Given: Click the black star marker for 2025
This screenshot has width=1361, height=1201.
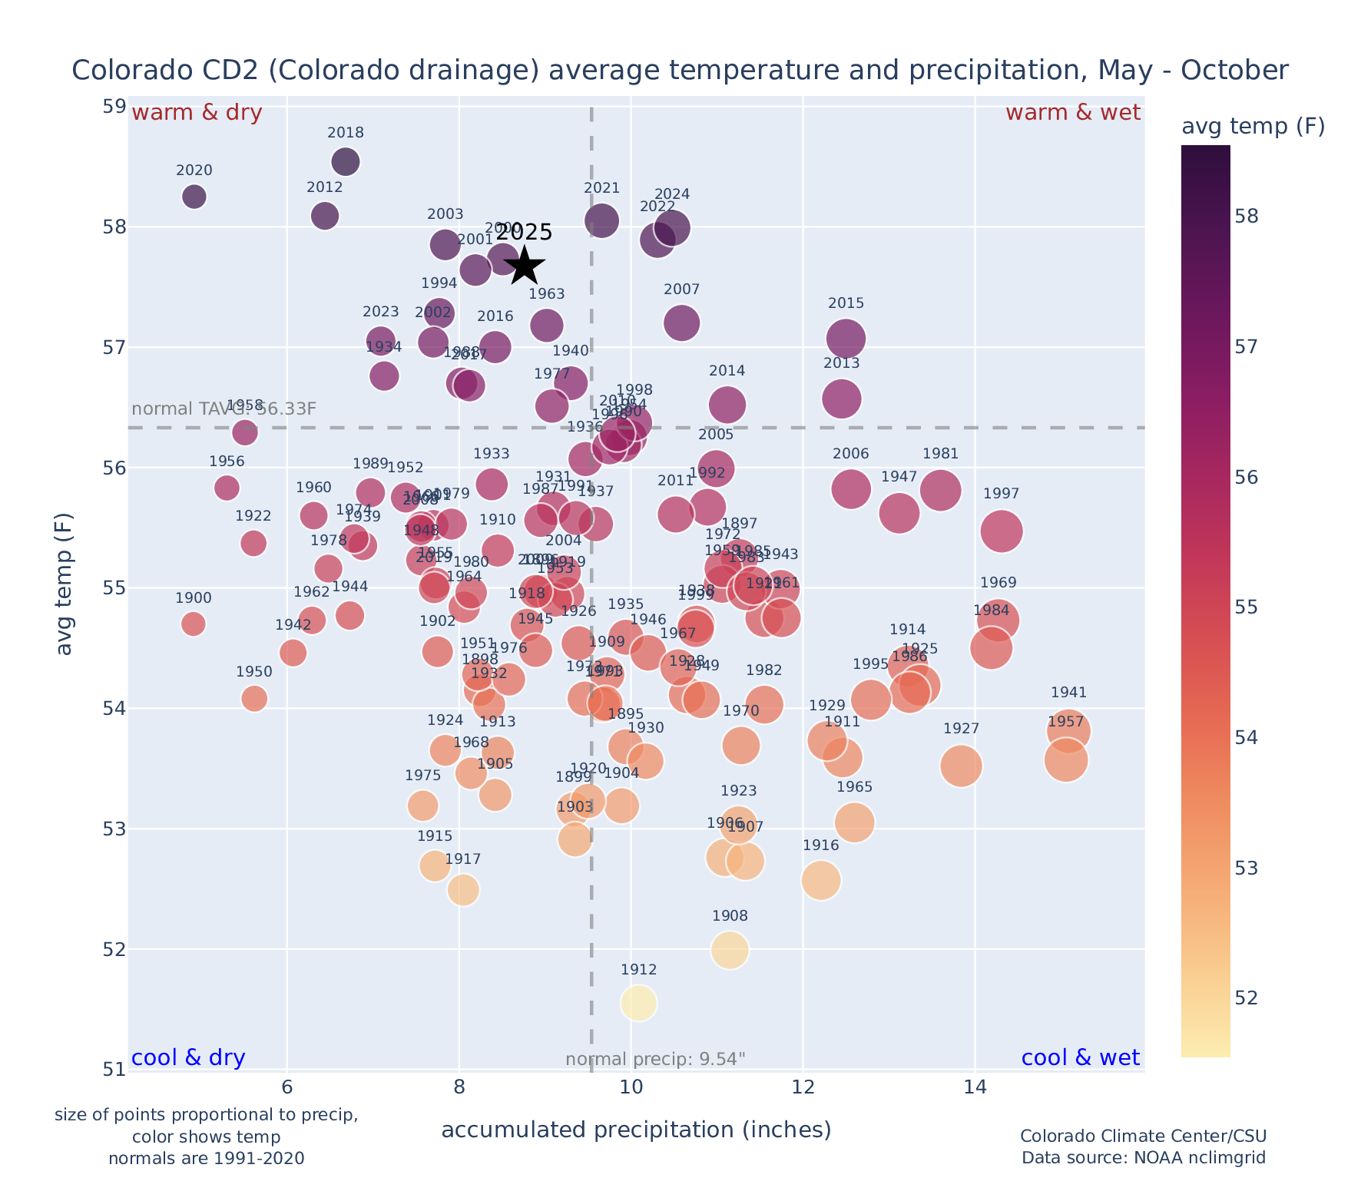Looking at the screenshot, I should (x=525, y=265).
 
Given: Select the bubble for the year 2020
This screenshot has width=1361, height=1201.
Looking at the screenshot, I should (x=194, y=197).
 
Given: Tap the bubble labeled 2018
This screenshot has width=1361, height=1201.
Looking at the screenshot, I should (x=346, y=162).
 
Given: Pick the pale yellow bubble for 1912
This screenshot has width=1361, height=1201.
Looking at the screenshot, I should (x=639, y=1003).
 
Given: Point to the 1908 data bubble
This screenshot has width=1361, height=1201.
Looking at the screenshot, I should (x=730, y=950).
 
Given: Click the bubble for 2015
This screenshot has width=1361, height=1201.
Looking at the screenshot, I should (x=846, y=338).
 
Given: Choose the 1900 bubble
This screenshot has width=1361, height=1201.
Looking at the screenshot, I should (x=194, y=624).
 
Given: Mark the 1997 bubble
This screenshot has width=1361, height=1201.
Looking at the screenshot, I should (x=1001, y=531).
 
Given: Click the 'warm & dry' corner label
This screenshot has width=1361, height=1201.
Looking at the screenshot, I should (x=197, y=113).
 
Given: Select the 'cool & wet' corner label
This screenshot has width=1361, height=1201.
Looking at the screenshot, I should (x=1080, y=1057).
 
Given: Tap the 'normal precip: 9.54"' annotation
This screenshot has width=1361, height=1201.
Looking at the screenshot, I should (x=655, y=1060).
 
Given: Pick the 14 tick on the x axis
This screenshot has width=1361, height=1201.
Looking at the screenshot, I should (x=975, y=1087).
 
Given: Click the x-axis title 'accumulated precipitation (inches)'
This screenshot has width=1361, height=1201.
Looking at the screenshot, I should (x=636, y=1130).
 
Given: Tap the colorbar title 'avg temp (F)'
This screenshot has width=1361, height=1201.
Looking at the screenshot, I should (x=1253, y=127).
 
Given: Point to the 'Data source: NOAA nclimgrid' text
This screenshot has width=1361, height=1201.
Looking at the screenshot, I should (x=1143, y=1157).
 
